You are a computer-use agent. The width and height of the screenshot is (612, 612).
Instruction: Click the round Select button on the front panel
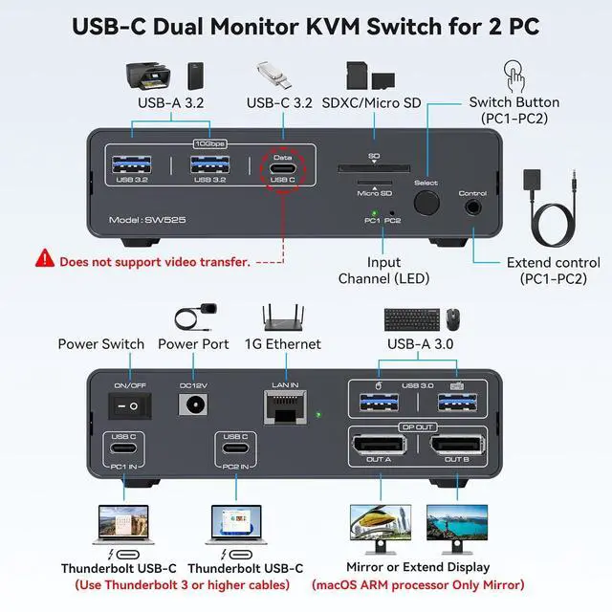coord(426,204)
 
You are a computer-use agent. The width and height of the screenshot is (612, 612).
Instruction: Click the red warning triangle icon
coord(45,258)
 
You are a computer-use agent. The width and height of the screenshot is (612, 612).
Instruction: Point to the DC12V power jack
coord(193,405)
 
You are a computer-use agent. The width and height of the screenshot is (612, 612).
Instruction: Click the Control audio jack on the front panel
coord(472,206)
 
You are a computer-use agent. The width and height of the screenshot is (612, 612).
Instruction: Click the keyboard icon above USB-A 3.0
coord(411,317)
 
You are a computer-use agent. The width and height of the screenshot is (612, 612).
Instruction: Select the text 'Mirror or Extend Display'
coord(417,567)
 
